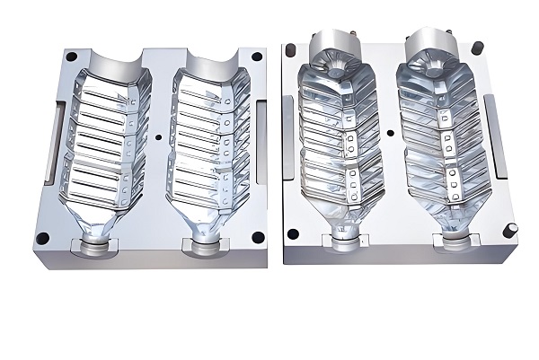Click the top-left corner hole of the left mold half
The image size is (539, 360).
[x=68, y=56]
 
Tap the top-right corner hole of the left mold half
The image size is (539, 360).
[x=257, y=57]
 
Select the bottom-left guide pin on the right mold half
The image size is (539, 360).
[x=292, y=233]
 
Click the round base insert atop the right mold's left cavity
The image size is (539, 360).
[x=333, y=49]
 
